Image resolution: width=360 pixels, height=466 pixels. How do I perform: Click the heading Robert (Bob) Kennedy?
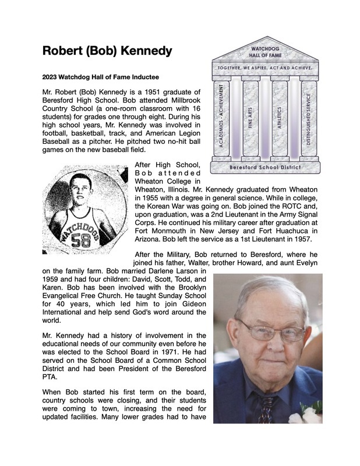pos(107,51)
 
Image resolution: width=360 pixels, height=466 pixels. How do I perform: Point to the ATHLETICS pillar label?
pos(279,119)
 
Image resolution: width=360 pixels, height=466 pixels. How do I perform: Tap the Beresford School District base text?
pos(266,167)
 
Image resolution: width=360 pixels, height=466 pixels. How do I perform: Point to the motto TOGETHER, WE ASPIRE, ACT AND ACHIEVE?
pos(266,68)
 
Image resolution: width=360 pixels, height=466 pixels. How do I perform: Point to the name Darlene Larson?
pos(172,272)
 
